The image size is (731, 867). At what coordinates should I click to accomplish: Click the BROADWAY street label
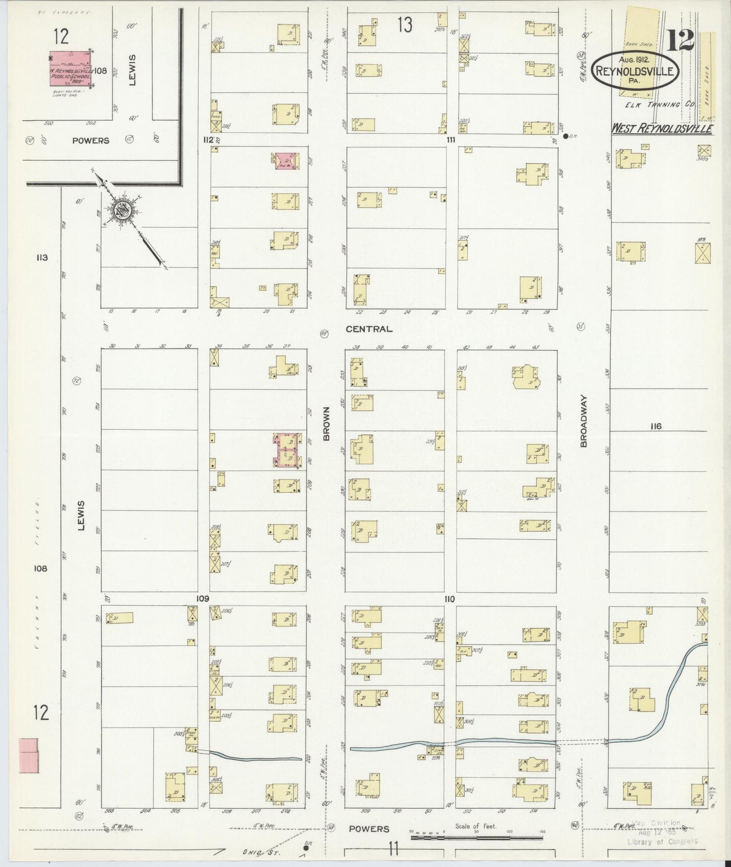[584, 420]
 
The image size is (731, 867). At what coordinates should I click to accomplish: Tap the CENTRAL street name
[369, 329]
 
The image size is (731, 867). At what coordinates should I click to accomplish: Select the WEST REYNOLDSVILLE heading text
[661, 129]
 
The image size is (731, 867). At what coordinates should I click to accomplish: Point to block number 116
[656, 426]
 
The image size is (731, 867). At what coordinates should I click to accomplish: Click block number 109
[203, 598]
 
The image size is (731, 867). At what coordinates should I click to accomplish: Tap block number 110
[449, 599]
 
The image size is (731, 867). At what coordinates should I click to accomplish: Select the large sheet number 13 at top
[405, 24]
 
